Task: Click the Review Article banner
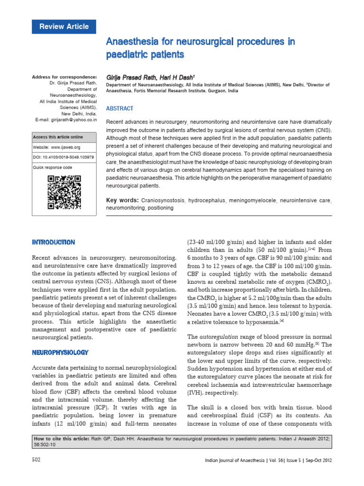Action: pos(64,27)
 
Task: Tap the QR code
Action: pos(64,192)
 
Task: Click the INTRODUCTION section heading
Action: pos(53,243)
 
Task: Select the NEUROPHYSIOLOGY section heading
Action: pos(60,353)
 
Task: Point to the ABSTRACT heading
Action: pos(119,108)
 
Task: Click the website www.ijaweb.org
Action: pos(60,147)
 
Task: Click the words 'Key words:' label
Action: pos(122,201)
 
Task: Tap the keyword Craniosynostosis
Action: pos(163,201)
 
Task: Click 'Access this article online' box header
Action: pos(58,137)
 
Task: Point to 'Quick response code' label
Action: pos(53,168)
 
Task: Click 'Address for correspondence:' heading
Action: pos(64,77)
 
